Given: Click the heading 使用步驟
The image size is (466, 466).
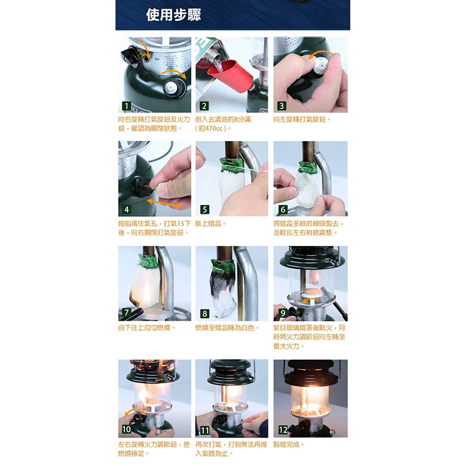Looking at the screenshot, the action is pyautogui.click(x=173, y=15).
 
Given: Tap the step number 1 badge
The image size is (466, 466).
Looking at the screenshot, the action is pyautogui.click(x=126, y=106).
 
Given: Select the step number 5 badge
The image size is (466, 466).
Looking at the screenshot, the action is pyautogui.click(x=204, y=209).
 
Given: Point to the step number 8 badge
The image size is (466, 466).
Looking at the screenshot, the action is pyautogui.click(x=204, y=314).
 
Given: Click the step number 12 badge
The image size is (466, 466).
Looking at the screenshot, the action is pyautogui.click(x=283, y=430).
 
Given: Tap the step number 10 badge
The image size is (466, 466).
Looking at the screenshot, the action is pyautogui.click(x=127, y=429).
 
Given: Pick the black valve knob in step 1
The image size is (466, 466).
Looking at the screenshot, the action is pyautogui.click(x=130, y=56).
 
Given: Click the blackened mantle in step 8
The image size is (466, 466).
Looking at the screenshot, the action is pyautogui.click(x=223, y=287).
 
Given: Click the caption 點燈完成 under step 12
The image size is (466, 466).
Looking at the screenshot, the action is pyautogui.click(x=286, y=445).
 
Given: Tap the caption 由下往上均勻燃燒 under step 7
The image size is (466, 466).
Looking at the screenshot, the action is pyautogui.click(x=144, y=328).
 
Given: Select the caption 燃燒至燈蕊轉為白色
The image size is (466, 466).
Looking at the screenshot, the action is pyautogui.click(x=225, y=328).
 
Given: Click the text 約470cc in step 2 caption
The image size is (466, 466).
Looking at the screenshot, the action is pyautogui.click(x=212, y=129).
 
